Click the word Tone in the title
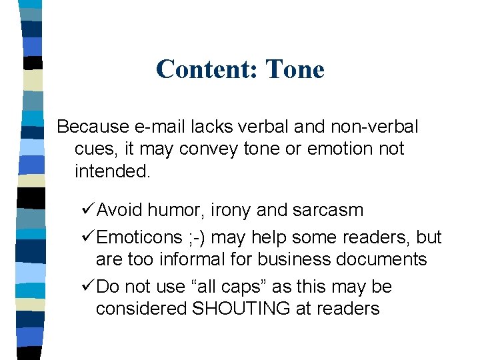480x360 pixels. [295, 69]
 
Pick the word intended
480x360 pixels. [113, 172]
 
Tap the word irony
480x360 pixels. [231, 210]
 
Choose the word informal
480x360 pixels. [216, 259]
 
